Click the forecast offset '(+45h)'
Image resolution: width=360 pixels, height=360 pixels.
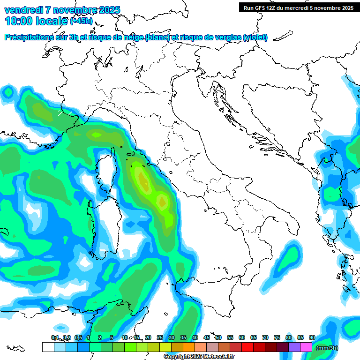81,21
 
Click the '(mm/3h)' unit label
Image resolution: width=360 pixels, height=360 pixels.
327,347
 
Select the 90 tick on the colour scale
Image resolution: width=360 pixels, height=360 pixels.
312,337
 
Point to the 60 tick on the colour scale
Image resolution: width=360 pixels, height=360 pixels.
242,337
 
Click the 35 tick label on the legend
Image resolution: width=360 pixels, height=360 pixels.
183,337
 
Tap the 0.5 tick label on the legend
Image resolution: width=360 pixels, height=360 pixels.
78,337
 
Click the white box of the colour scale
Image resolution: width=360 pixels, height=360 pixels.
48,347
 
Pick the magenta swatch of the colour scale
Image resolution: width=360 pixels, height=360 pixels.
306,347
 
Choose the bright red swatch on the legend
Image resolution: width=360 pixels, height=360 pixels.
247,347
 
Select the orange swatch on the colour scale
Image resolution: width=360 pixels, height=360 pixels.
189,347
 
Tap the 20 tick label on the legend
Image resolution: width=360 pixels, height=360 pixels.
148,337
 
